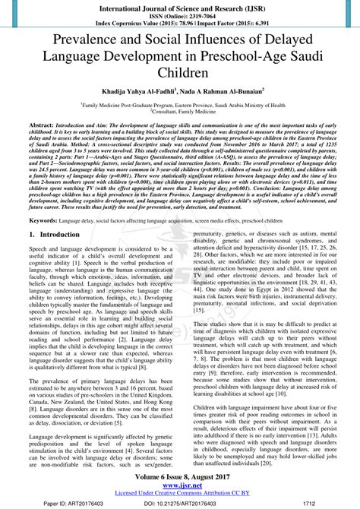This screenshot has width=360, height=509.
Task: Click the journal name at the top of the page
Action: (180, 6)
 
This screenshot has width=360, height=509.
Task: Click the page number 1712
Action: (308, 504)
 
